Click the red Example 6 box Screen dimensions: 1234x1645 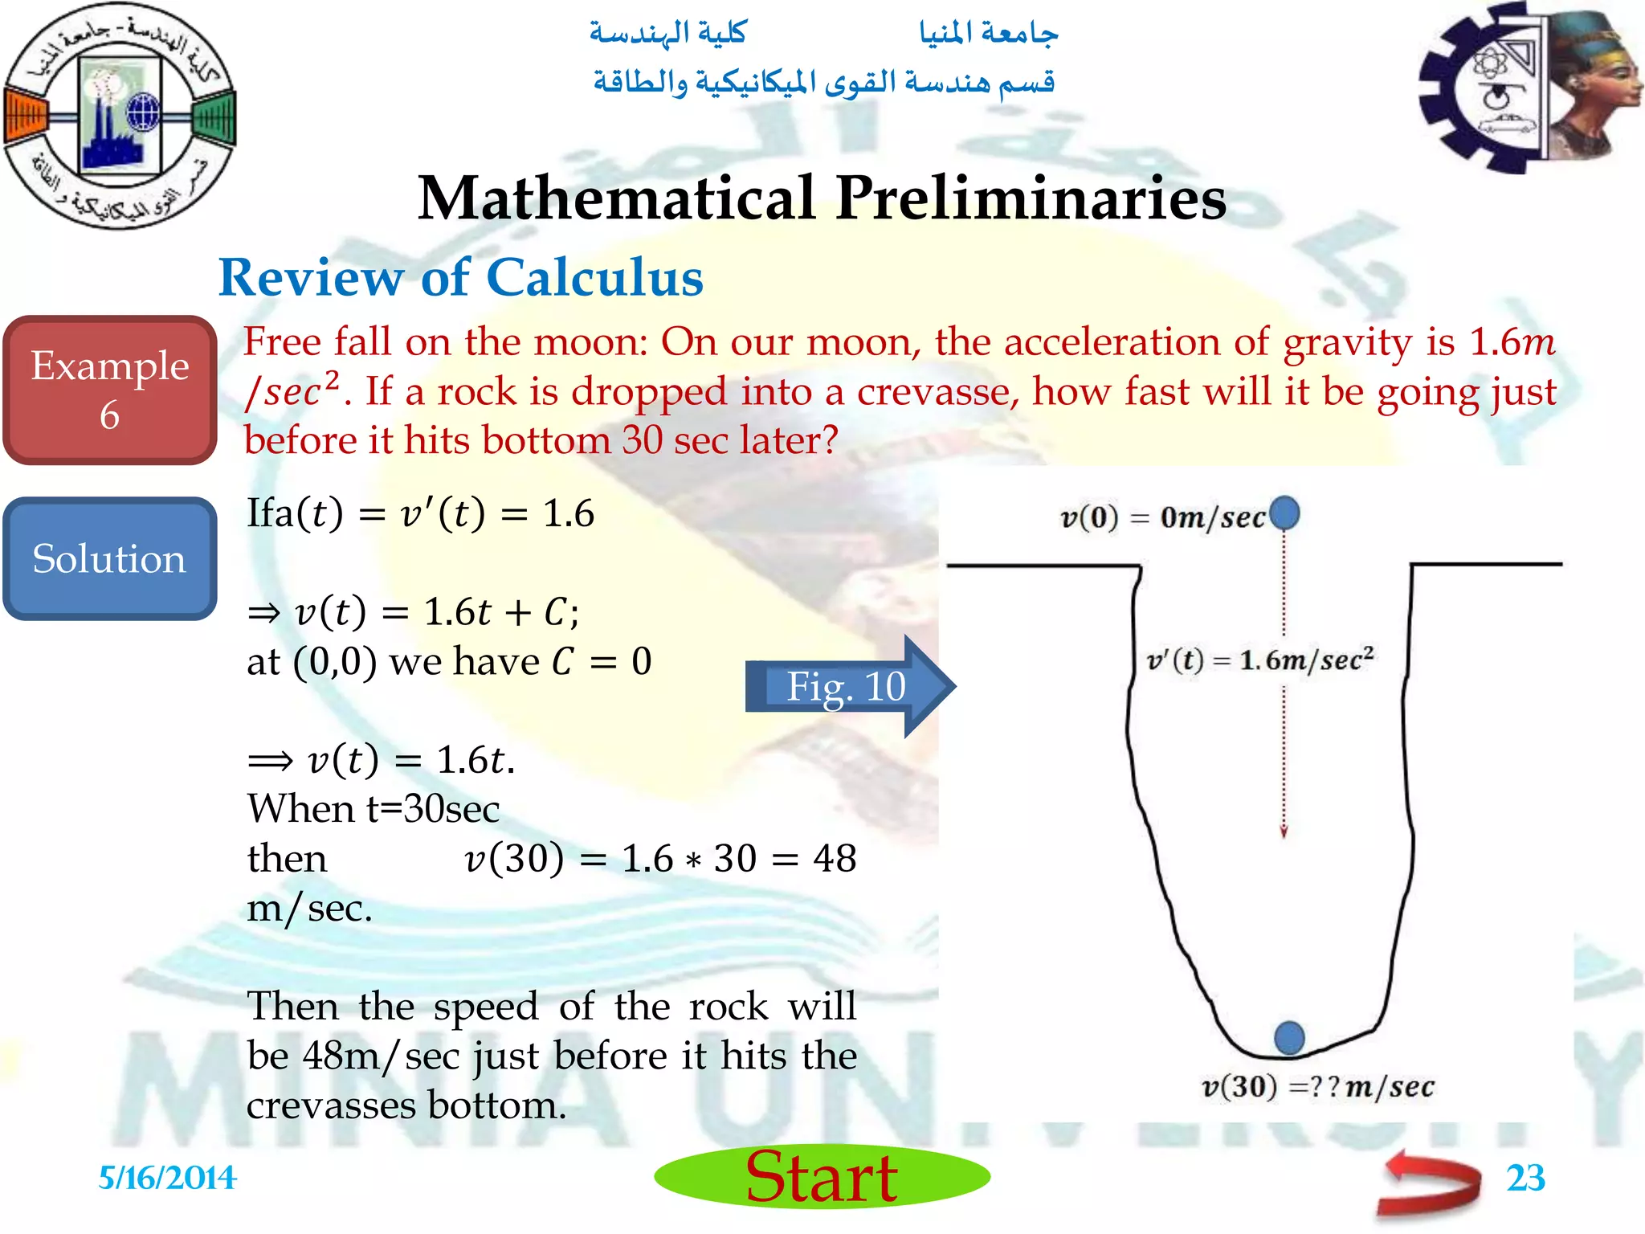click(110, 390)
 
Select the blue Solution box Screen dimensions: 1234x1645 click(110, 559)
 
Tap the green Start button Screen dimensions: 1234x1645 click(822, 1177)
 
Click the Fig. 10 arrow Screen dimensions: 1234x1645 click(847, 686)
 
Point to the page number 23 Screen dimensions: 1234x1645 click(1525, 1178)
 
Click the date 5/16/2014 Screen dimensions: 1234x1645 click(167, 1178)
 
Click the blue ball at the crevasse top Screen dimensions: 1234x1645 click(1284, 513)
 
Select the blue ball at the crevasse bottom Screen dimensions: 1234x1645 click(1289, 1037)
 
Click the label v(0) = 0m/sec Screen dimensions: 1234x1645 click(1163, 518)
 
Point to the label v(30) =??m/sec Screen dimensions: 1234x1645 click(1317, 1087)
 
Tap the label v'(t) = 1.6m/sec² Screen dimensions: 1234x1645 click(1260, 660)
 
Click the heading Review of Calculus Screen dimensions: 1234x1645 click(461, 278)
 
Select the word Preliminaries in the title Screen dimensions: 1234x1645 click(1031, 198)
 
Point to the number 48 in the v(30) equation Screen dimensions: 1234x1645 click(834, 859)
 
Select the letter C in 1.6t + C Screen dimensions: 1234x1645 click(556, 613)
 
